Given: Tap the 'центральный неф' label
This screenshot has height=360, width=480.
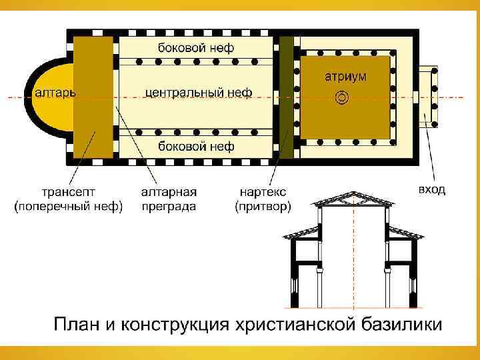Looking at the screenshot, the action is pyautogui.click(x=198, y=93).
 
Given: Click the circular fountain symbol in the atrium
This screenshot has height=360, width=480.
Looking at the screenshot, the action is pyautogui.click(x=341, y=97).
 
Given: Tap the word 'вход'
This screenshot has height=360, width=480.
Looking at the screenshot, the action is pyautogui.click(x=432, y=190).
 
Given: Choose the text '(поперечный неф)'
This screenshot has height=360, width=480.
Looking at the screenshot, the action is pyautogui.click(x=69, y=207).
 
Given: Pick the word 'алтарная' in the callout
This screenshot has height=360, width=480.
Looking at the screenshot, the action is pyautogui.click(x=169, y=192).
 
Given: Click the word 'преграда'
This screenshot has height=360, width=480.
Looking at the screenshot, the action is pyautogui.click(x=169, y=207).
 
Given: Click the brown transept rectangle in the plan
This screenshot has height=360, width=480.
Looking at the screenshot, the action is pyautogui.click(x=93, y=100).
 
